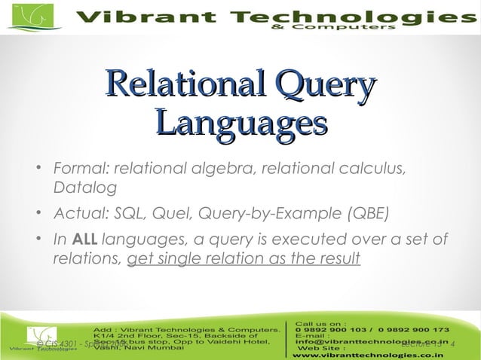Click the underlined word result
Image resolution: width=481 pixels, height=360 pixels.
(338, 259)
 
